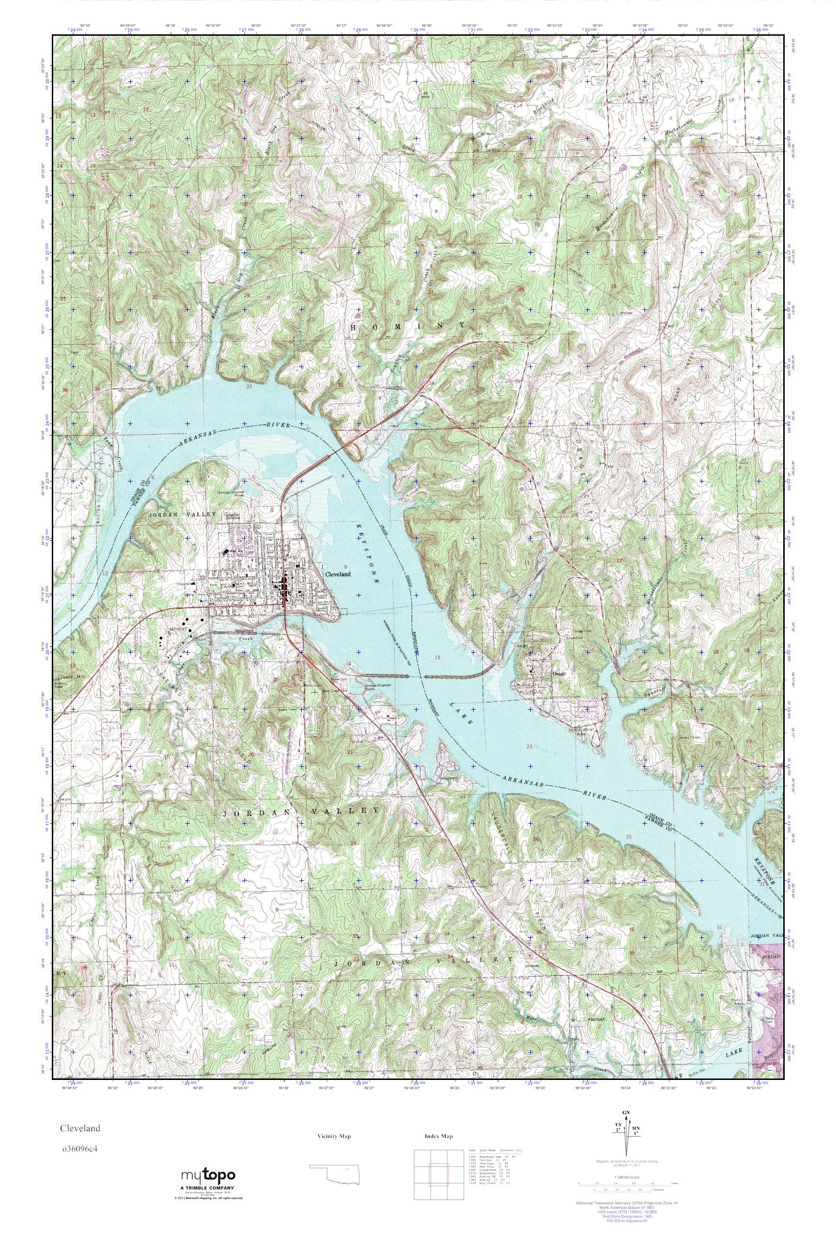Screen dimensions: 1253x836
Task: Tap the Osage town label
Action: click(559, 673)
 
